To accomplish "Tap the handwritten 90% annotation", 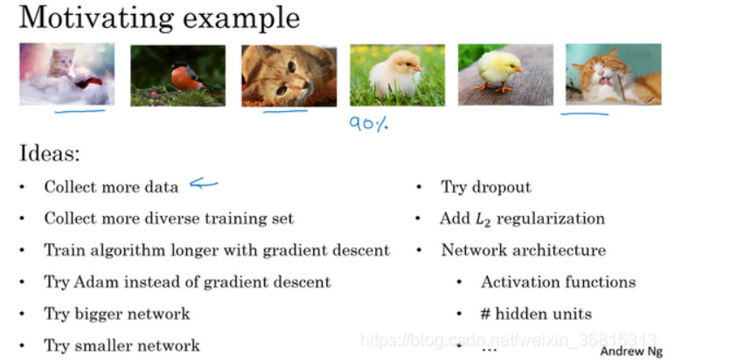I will (368, 124).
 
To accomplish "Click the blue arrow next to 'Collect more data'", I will (204, 183).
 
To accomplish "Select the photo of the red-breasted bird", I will (177, 75).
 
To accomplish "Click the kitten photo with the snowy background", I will (67, 74).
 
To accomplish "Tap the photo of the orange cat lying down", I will (289, 75).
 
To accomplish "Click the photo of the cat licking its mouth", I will (612, 75).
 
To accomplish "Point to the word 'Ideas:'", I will (49, 155).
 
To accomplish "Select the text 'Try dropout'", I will (486, 187).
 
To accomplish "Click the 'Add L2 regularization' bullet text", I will (522, 218).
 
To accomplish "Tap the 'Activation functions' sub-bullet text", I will (558, 281).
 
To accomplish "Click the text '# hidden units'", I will (536, 313).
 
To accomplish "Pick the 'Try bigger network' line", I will (116, 313).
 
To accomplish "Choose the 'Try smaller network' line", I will (122, 345).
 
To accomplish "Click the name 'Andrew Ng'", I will (631, 350).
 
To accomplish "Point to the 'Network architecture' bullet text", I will (523, 250).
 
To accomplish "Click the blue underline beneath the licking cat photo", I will (585, 113).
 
